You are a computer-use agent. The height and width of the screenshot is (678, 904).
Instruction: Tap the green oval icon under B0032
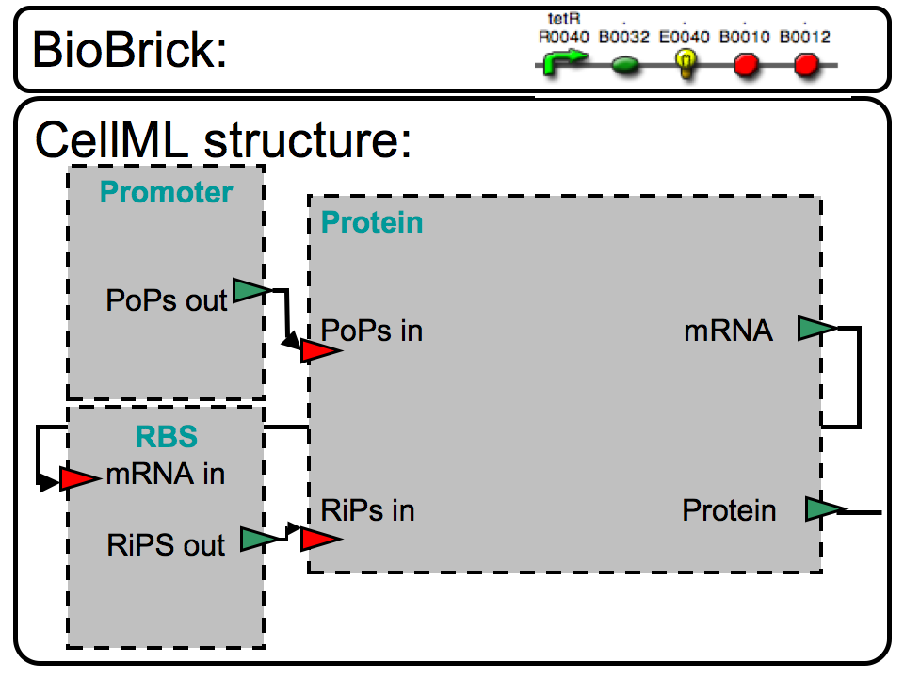(x=625, y=66)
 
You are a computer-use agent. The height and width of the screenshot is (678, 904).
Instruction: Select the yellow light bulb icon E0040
(x=686, y=63)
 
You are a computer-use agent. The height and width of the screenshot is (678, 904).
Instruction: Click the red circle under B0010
(x=746, y=66)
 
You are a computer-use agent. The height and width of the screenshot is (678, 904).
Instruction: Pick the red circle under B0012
(x=806, y=66)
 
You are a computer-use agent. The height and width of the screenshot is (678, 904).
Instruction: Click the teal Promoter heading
(x=166, y=192)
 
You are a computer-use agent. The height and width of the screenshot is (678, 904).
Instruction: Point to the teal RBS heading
(x=166, y=438)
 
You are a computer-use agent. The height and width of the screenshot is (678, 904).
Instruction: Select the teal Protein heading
(x=372, y=222)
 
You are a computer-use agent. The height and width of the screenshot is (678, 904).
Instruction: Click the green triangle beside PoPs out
(x=250, y=291)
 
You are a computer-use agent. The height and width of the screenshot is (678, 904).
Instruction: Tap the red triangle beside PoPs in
(x=319, y=351)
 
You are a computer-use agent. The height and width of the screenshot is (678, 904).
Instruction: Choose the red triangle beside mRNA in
(x=78, y=478)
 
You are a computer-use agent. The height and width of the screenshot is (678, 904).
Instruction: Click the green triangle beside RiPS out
(x=259, y=539)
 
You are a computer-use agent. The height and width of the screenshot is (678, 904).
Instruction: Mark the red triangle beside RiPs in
(x=319, y=539)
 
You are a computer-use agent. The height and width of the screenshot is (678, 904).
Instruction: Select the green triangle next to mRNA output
(x=815, y=328)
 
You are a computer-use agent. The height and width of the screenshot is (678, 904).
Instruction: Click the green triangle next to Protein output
(x=822, y=509)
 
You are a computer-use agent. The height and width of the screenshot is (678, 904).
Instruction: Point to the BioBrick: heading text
(x=129, y=50)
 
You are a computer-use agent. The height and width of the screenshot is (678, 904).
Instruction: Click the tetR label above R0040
(x=562, y=18)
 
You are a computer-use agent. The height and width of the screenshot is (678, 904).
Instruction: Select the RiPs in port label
(x=368, y=510)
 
